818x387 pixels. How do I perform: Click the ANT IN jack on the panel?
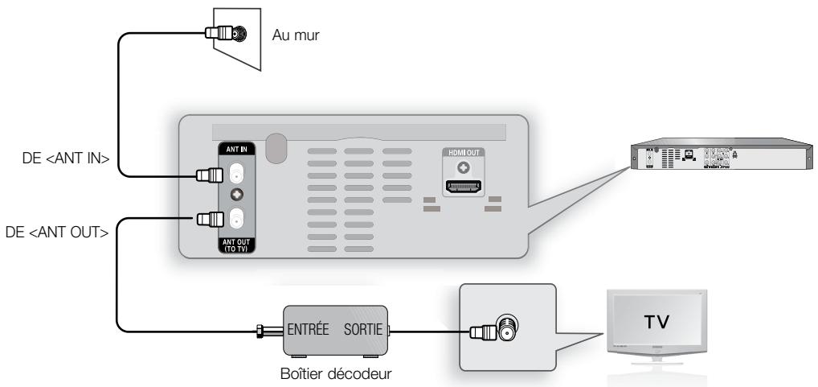click(237, 173)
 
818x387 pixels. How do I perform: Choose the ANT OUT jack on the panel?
click(237, 217)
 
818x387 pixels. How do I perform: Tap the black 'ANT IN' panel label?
click(236, 147)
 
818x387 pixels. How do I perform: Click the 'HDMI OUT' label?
click(461, 153)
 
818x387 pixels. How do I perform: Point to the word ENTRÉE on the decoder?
click(313, 330)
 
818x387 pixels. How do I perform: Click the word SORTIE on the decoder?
click(363, 330)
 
